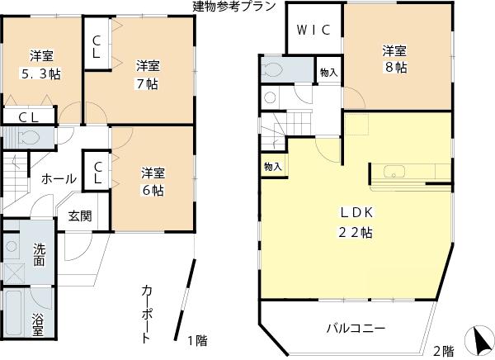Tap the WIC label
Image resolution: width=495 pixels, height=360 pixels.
[x=313, y=31]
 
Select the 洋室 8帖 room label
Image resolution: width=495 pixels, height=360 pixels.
[x=394, y=59]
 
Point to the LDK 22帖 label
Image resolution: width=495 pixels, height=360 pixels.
[x=356, y=221]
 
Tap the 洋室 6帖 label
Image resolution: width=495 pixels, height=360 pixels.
[x=152, y=181]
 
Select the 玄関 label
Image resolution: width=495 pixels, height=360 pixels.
[x=80, y=216]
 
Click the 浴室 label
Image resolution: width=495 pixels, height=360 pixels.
[x=38, y=324]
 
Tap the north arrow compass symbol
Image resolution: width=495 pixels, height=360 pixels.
[x=478, y=339]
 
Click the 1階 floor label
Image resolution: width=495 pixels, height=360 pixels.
[x=196, y=341]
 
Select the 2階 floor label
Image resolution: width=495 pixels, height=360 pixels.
[x=443, y=349]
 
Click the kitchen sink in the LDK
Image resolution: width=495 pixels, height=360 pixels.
[x=390, y=173]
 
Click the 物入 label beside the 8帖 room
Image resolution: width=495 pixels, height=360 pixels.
[x=328, y=73]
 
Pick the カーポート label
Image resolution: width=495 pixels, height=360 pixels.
[x=146, y=314]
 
